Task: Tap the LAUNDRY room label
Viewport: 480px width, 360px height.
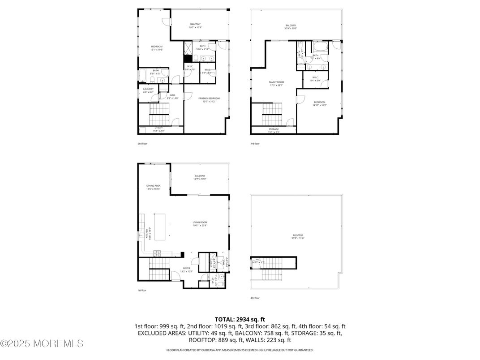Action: pyautogui.click(x=148, y=89)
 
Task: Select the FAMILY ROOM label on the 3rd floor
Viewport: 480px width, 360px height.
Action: pyautogui.click(x=276, y=82)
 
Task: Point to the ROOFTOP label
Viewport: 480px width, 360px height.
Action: pyautogui.click(x=298, y=235)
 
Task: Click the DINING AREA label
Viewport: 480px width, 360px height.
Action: pyautogui.click(x=153, y=185)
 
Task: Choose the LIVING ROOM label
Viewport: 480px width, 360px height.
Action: pyautogui.click(x=200, y=222)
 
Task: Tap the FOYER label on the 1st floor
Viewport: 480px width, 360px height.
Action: pyautogui.click(x=186, y=268)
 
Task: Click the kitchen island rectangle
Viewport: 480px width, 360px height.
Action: pyautogui.click(x=160, y=227)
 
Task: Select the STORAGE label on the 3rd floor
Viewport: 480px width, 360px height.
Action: pyautogui.click(x=273, y=129)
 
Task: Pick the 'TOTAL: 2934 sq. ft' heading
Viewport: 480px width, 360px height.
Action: pyautogui.click(x=240, y=319)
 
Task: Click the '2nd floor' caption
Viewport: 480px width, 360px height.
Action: pyautogui.click(x=142, y=144)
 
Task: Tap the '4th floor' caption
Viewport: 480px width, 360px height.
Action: pyautogui.click(x=255, y=298)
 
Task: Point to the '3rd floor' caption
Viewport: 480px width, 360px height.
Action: pyautogui.click(x=255, y=144)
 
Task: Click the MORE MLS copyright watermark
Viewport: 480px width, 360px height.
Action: pyautogui.click(x=42, y=344)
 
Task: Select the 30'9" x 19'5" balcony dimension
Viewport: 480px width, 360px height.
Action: pyautogui.click(x=291, y=28)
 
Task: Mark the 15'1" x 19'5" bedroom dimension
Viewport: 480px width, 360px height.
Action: pyautogui.click(x=157, y=50)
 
